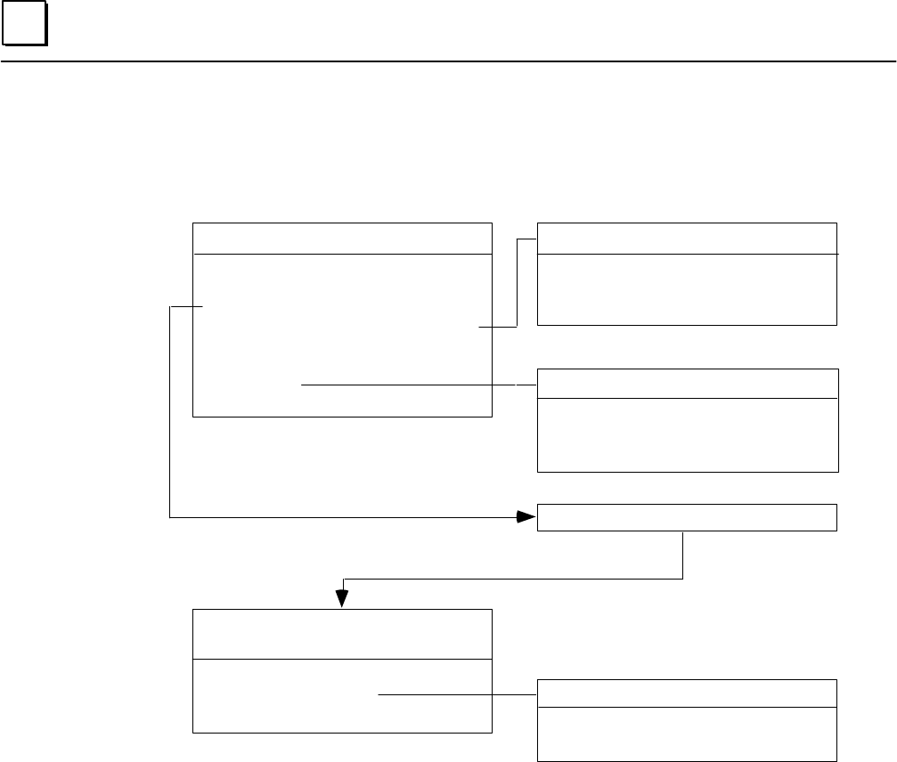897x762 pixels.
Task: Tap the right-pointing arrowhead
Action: click(x=527, y=516)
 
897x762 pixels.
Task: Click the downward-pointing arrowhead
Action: click(x=342, y=598)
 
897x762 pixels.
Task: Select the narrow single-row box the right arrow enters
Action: click(x=687, y=517)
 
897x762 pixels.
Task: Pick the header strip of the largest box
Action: click(x=343, y=239)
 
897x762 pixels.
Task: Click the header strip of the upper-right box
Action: click(x=687, y=239)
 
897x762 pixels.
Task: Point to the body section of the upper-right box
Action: click(x=687, y=289)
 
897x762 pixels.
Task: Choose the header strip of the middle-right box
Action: click(x=687, y=383)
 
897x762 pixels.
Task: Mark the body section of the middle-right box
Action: click(x=687, y=434)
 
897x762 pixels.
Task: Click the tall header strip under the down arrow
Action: click(x=343, y=634)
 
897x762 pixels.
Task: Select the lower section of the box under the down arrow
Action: click(x=343, y=696)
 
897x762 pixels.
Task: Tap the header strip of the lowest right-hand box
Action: click(x=687, y=693)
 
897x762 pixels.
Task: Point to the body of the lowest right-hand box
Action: click(x=687, y=734)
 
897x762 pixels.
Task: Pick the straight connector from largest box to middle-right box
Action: click(x=410, y=385)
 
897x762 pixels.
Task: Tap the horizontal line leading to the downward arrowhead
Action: click(x=512, y=580)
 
